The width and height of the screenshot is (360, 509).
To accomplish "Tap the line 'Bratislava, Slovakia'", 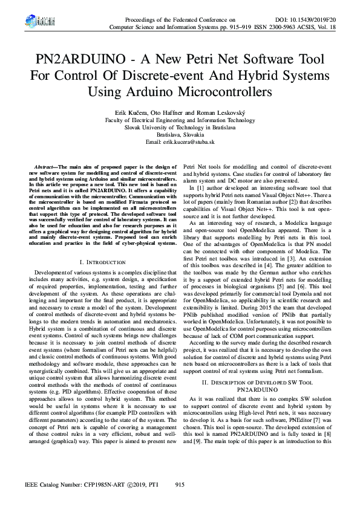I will pos(180,135).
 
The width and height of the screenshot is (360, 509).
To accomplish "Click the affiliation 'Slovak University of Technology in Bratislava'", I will pos(180,128).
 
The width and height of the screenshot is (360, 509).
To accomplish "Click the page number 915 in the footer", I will pos(180,485).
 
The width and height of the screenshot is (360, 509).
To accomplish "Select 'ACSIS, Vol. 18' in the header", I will pos(320,27).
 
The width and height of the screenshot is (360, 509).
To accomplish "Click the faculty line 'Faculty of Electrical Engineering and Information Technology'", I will pos(180,120).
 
